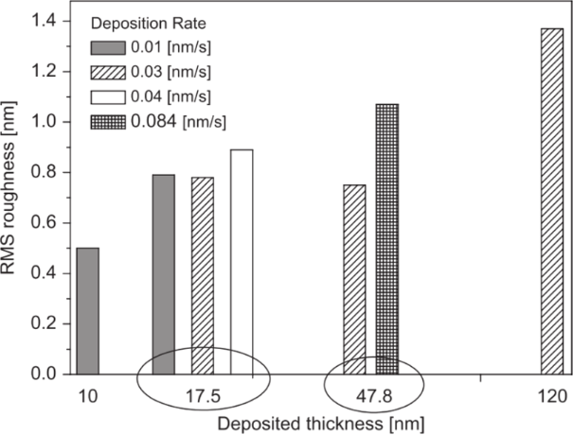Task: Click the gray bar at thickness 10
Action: [x=87, y=311]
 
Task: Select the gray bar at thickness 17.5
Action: [x=164, y=274]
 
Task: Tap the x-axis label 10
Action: [x=86, y=394]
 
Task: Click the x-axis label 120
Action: [x=551, y=394]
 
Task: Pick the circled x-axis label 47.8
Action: [x=373, y=394]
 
